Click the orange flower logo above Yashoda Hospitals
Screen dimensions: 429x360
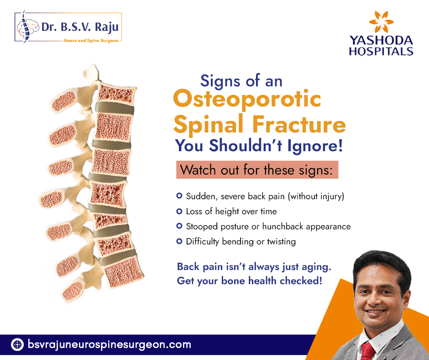click(381, 21)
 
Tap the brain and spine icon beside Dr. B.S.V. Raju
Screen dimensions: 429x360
click(27, 27)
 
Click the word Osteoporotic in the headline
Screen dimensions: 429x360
click(247, 98)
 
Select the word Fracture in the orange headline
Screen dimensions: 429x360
click(299, 124)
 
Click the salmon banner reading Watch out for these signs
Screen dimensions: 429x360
click(257, 170)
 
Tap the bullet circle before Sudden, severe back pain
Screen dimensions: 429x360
click(179, 196)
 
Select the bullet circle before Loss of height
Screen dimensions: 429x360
click(179, 211)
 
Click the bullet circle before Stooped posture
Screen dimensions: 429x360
click(179, 226)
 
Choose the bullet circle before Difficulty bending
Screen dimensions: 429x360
click(179, 241)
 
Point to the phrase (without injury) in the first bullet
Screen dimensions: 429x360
click(316, 196)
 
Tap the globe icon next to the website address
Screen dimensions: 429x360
click(17, 344)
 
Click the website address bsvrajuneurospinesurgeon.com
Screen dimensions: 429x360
click(110, 344)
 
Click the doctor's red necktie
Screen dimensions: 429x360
click(368, 351)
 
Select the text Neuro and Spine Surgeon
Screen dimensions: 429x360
click(91, 41)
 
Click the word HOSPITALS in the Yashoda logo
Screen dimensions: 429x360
click(381, 51)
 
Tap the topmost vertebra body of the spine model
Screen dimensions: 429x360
click(116, 94)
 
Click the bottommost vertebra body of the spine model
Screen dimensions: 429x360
click(124, 272)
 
